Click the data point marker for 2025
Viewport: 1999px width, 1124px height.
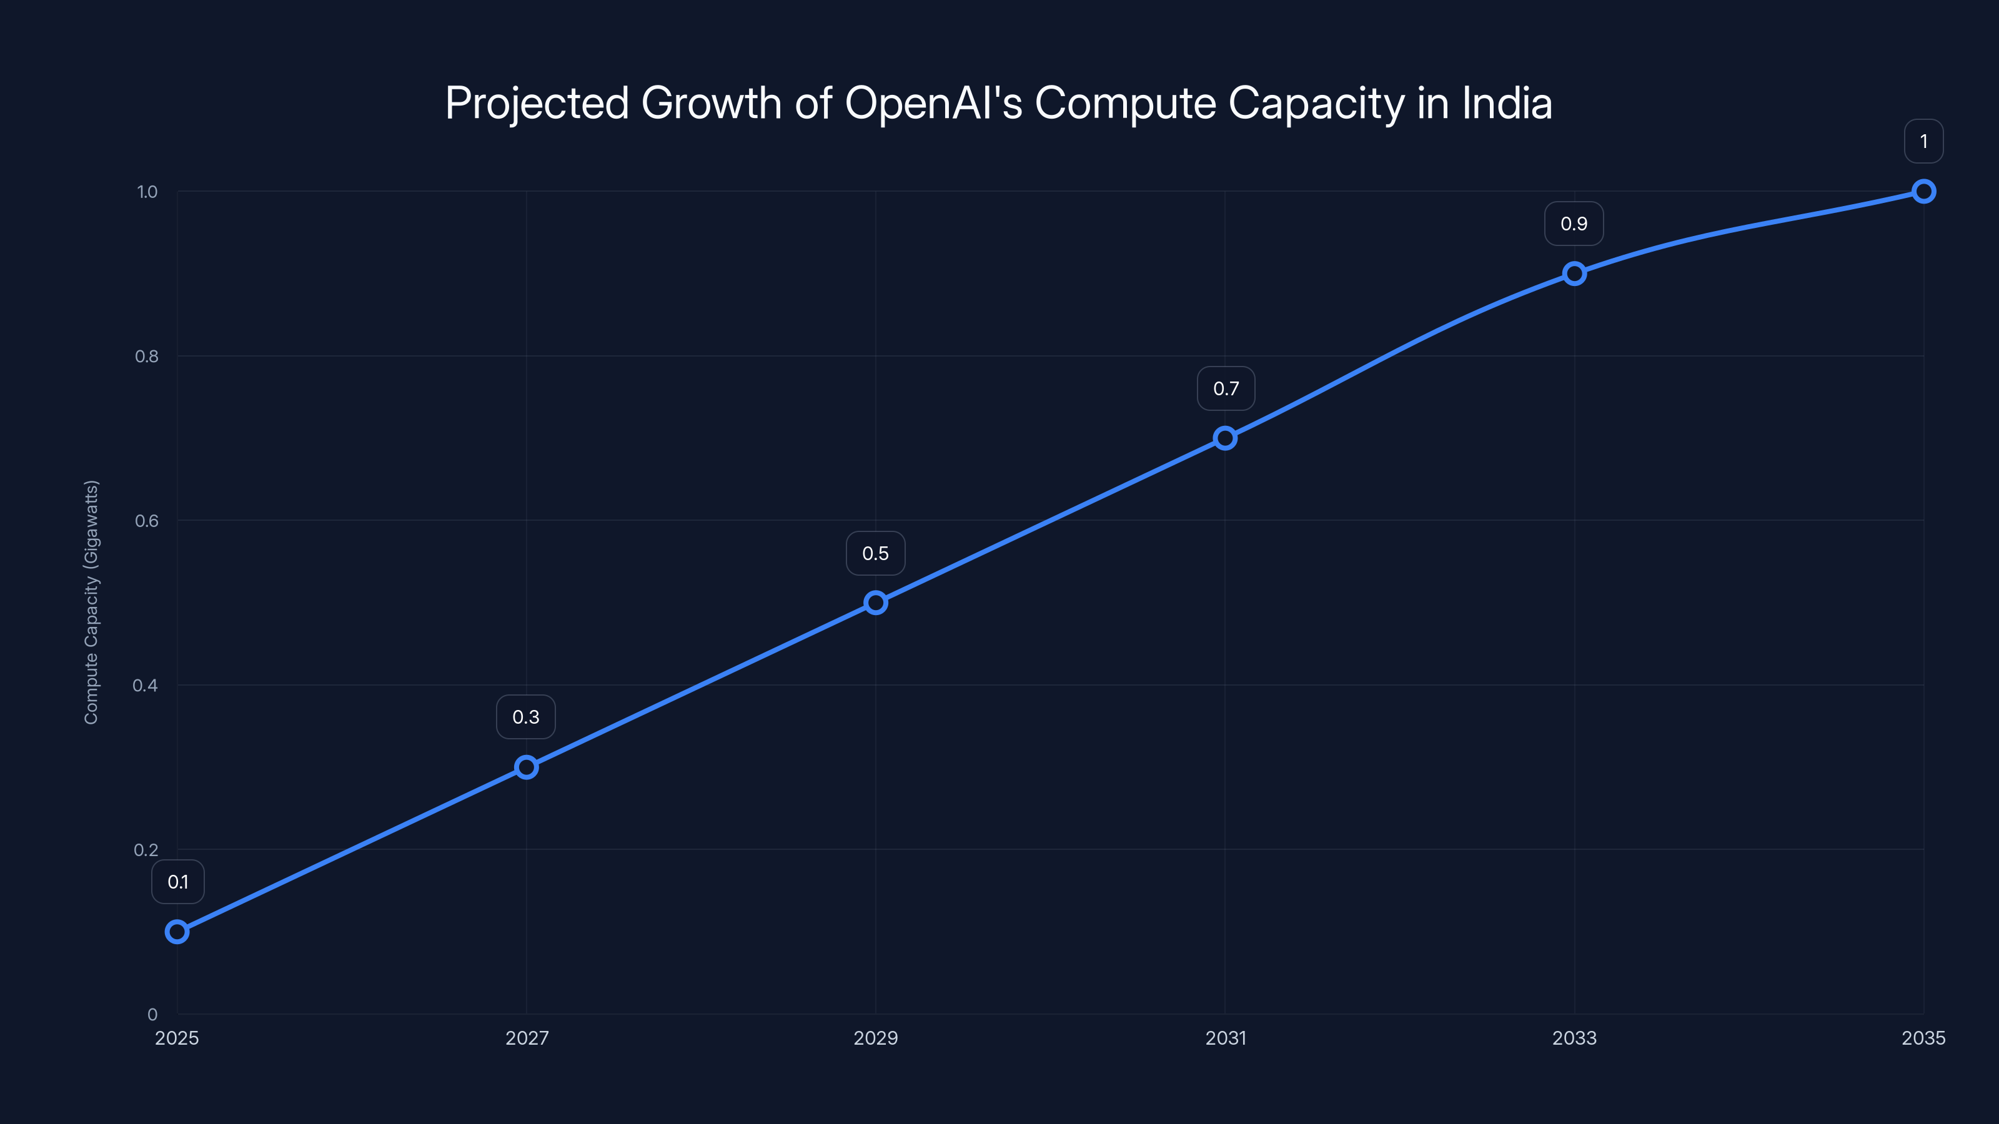click(x=177, y=932)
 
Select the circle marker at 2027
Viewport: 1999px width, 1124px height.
click(x=526, y=767)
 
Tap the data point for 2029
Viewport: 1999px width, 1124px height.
click(x=875, y=603)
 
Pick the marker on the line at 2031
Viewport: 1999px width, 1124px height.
click(x=1224, y=438)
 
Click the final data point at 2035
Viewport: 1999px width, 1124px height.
click(x=1923, y=191)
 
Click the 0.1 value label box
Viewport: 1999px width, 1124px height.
click(x=177, y=882)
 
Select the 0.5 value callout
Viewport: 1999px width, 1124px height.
click(x=875, y=553)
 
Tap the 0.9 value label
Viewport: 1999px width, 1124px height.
click(x=1574, y=224)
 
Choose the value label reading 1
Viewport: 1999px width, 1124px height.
click(x=1923, y=141)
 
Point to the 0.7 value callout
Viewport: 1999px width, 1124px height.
click(x=1225, y=388)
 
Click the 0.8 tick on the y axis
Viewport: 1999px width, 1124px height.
click(x=147, y=356)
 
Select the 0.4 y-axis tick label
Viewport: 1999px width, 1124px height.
click(x=145, y=685)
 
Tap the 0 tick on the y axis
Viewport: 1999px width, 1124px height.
click(x=152, y=1014)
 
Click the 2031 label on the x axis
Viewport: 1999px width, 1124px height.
click(x=1225, y=1038)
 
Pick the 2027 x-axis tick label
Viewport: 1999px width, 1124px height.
click(x=527, y=1038)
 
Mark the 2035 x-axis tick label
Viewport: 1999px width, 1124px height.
click(x=1923, y=1038)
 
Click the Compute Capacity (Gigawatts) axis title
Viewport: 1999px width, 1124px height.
click(x=92, y=602)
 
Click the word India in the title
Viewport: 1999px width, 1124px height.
click(x=1507, y=103)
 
